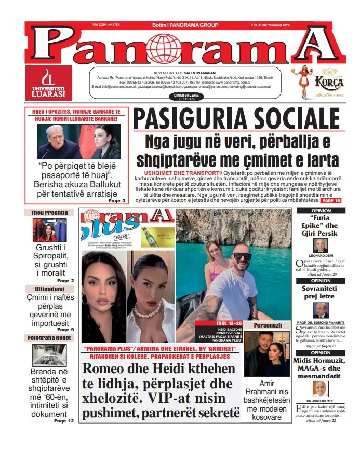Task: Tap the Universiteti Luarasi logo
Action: (48, 83)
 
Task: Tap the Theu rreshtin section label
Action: (48, 213)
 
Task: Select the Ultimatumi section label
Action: (49, 289)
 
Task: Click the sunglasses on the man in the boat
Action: (242, 256)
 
